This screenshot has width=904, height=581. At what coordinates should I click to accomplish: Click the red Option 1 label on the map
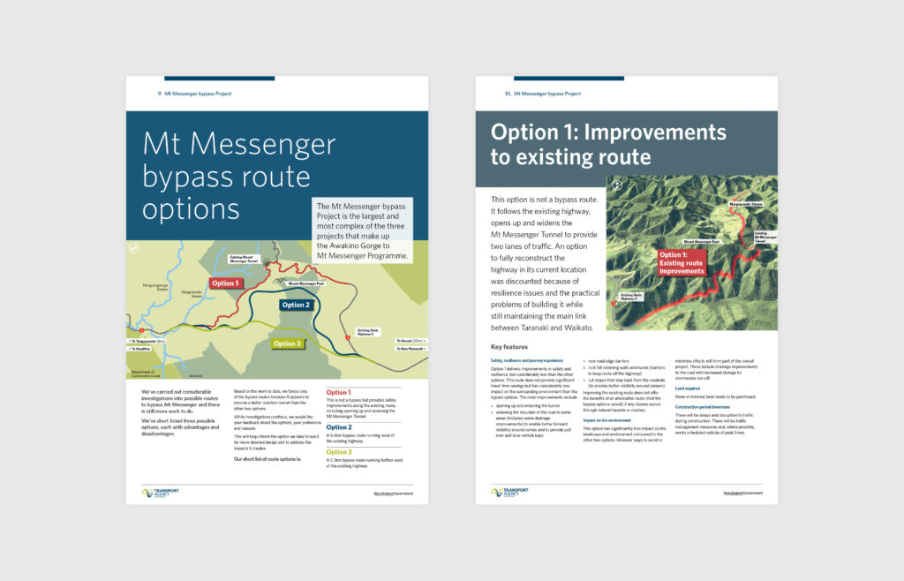[x=226, y=283]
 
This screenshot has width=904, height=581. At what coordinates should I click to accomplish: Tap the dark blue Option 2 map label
[x=297, y=305]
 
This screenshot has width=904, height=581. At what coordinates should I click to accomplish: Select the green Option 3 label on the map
[x=287, y=343]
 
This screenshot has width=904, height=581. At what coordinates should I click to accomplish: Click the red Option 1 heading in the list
[x=339, y=392]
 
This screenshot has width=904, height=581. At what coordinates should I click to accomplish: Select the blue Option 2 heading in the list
[x=340, y=427]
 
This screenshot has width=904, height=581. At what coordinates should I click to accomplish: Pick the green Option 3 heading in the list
[x=340, y=452]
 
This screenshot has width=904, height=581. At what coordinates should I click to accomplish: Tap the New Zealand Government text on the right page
[x=742, y=493]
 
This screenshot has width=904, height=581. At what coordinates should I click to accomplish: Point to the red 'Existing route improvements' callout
[x=682, y=263]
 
